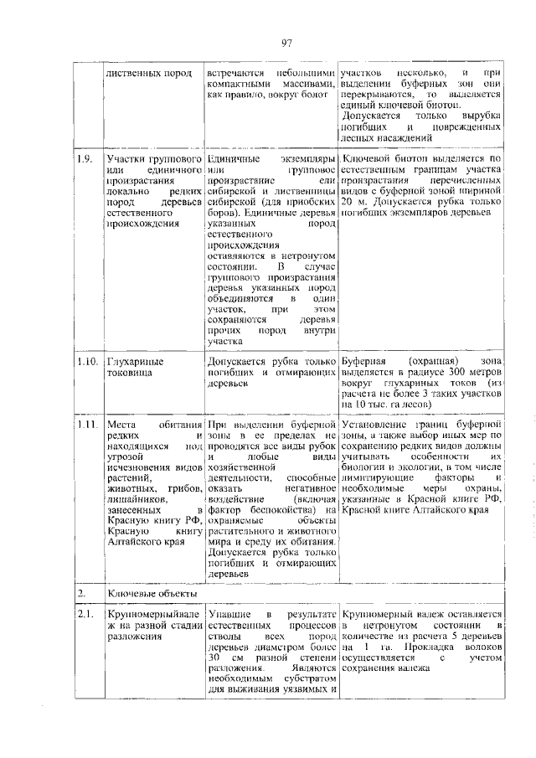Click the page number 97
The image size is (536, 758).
coord(286,44)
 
